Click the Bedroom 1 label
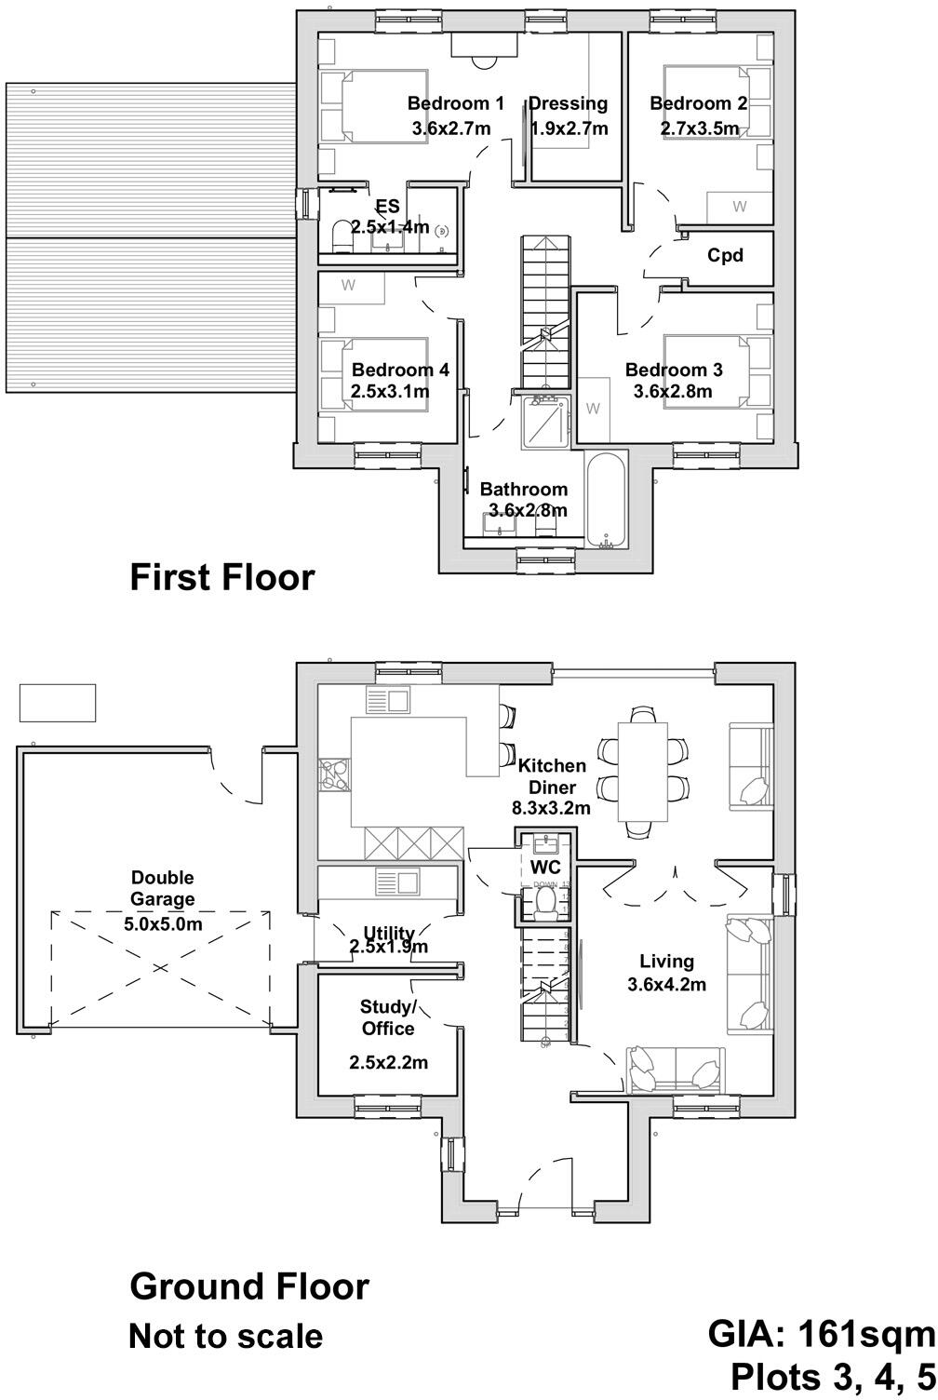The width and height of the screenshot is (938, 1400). [455, 103]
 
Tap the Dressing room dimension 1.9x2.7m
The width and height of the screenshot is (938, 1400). [569, 128]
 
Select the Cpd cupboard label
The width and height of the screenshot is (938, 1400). [725, 254]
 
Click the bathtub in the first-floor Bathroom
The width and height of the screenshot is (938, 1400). [607, 501]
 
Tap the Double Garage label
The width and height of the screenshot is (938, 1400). [163, 888]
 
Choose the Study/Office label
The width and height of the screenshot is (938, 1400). [388, 1017]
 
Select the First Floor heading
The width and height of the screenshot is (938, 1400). [221, 577]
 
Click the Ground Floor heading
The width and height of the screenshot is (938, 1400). [248, 1286]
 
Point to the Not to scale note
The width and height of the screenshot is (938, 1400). [225, 1337]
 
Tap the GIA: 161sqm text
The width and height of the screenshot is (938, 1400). [821, 1334]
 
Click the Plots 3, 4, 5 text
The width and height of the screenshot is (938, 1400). [832, 1376]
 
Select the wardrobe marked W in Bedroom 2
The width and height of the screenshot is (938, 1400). [739, 207]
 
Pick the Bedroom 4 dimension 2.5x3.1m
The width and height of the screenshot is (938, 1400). [390, 392]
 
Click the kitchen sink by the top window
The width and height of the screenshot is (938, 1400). [387, 700]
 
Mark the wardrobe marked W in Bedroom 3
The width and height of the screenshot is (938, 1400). [593, 409]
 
